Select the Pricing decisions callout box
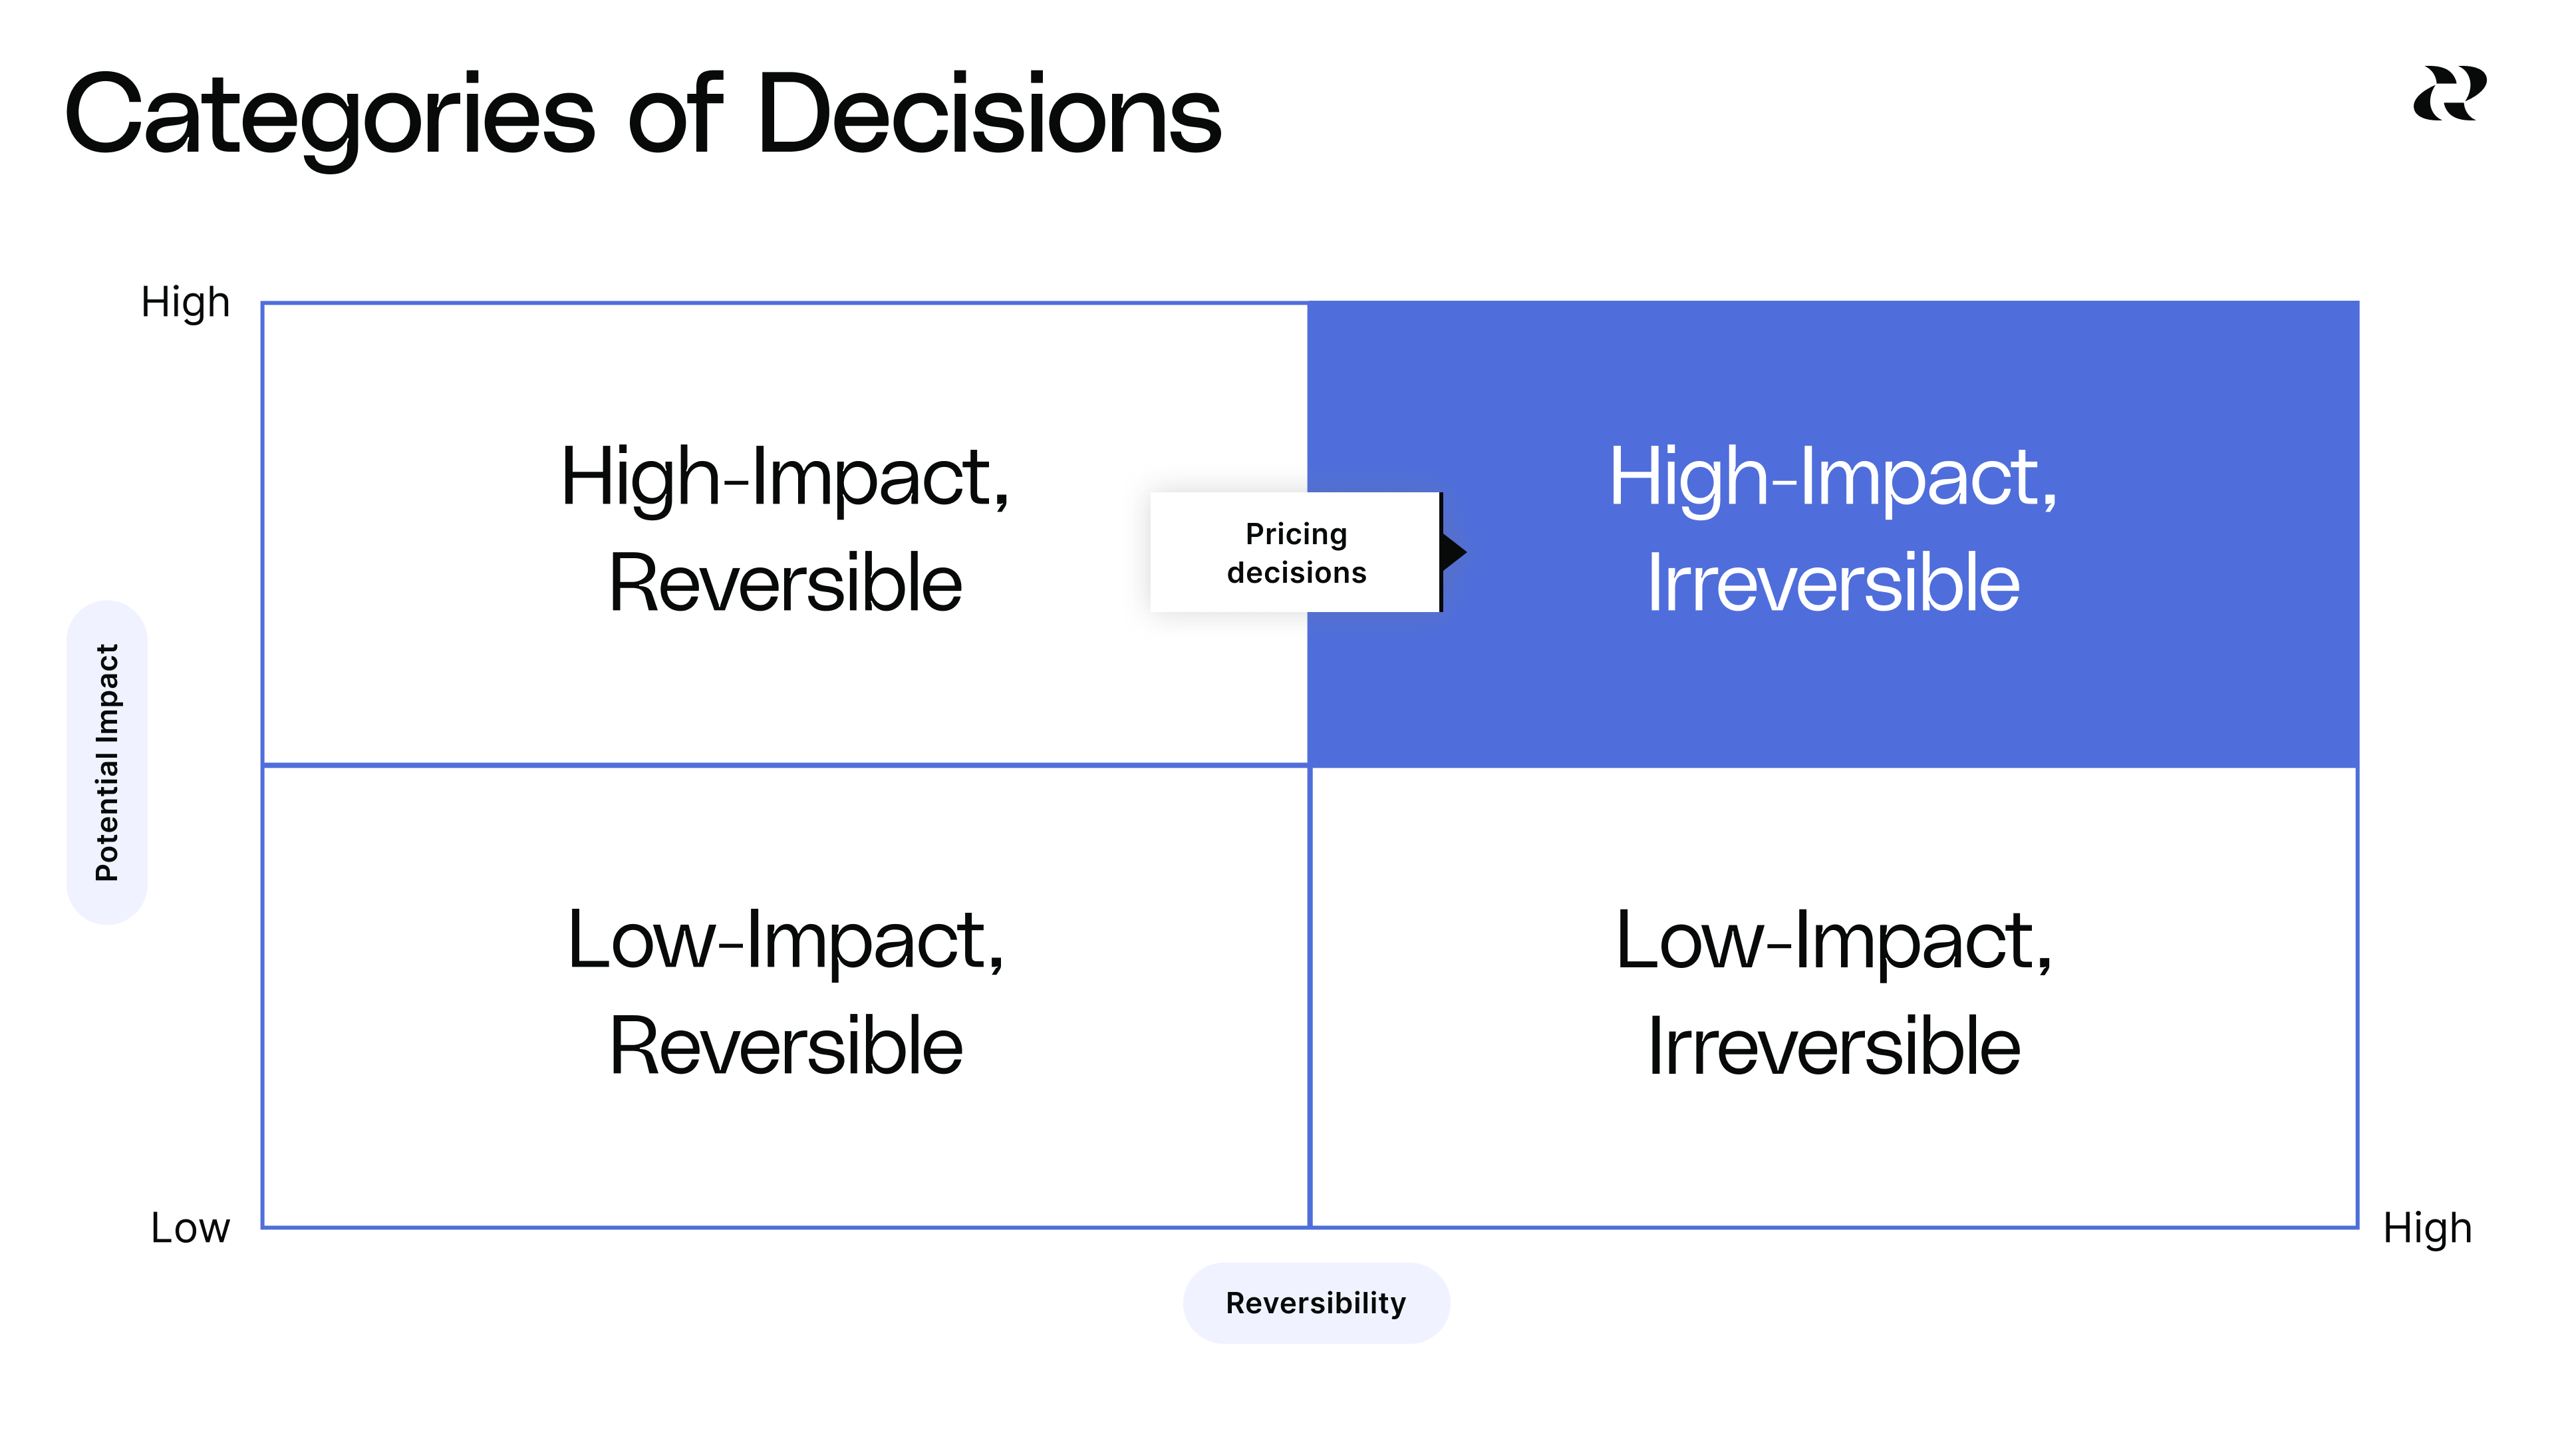click(x=1295, y=552)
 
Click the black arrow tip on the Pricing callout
click(x=1455, y=552)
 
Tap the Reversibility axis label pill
click(x=1316, y=1303)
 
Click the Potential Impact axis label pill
click(x=107, y=762)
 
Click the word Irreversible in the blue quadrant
click(x=1832, y=584)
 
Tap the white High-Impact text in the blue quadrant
click(x=1832, y=478)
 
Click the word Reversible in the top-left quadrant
click(x=785, y=584)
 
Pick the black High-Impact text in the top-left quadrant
click(x=785, y=478)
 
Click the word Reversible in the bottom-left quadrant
click(x=785, y=1046)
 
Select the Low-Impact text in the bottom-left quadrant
click(x=785, y=940)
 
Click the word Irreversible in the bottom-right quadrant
click(x=1832, y=1046)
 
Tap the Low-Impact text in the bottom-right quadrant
click(x=1832, y=940)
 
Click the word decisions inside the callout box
click(x=1296, y=573)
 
